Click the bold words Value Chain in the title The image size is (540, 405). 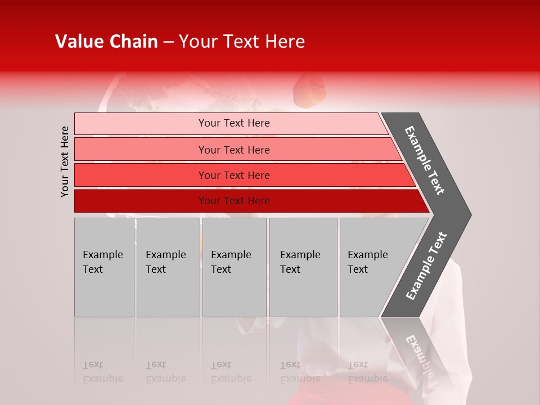pyautogui.click(x=106, y=42)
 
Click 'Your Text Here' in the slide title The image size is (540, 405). pyautogui.click(x=242, y=42)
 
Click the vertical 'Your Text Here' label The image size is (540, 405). pyautogui.click(x=65, y=161)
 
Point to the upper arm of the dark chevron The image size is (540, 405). pyautogui.click(x=425, y=160)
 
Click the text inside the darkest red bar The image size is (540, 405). pyautogui.click(x=234, y=201)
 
